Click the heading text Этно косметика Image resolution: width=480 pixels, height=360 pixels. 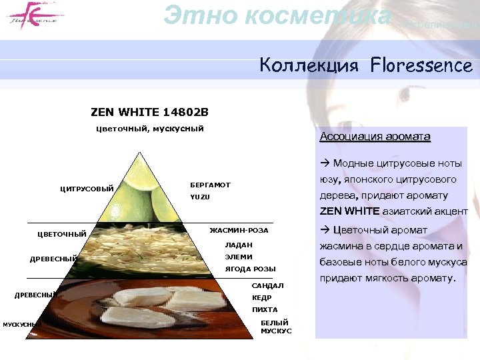[277, 15]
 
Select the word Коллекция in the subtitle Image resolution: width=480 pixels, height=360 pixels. [309, 65]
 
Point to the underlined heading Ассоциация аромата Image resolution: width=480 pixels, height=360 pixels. [375, 137]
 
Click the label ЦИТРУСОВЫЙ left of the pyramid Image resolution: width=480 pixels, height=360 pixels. [87, 189]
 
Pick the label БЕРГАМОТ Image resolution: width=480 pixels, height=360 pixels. [210, 185]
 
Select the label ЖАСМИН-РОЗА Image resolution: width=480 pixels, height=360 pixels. [239, 231]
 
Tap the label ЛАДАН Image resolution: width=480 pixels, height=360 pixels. [239, 245]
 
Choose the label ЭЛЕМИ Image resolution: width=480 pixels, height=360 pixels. [238, 257]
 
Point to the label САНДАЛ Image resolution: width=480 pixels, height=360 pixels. [267, 286]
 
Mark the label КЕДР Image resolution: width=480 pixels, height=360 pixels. [261, 298]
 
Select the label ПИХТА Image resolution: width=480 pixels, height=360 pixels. [264, 310]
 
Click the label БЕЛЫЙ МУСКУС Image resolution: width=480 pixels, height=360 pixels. [275, 327]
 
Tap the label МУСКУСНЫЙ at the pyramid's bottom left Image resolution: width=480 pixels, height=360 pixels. [23, 325]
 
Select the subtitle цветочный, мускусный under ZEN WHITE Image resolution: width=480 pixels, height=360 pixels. [150, 129]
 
